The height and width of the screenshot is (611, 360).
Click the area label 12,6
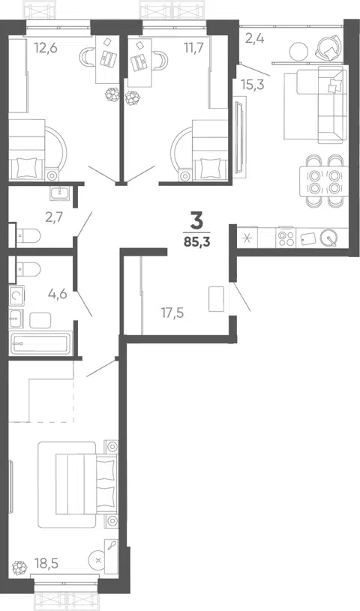(46, 48)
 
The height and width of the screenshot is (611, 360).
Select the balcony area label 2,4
(255, 38)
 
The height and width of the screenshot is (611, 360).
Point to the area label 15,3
(253, 85)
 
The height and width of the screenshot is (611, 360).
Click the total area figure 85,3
(197, 242)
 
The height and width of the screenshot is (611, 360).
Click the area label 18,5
(46, 564)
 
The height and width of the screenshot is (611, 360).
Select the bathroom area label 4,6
(58, 293)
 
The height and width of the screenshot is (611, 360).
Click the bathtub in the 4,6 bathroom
(40, 343)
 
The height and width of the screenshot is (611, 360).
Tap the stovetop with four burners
(286, 238)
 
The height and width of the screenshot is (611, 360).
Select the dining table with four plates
(323, 181)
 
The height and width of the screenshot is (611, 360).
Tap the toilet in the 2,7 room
(28, 235)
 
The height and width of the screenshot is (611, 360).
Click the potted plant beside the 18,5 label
(19, 568)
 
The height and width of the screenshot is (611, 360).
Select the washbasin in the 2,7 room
(60, 193)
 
